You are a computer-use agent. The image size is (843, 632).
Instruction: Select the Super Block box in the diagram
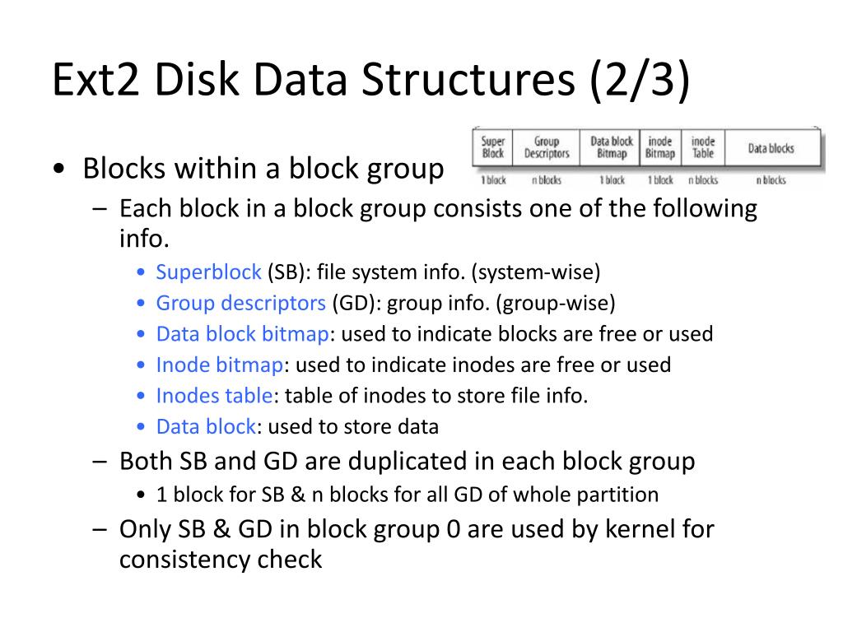pyautogui.click(x=493, y=148)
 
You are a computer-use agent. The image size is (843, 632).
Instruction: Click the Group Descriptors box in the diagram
pyautogui.click(x=547, y=148)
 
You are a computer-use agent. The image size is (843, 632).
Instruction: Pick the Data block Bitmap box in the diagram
pyautogui.click(x=612, y=148)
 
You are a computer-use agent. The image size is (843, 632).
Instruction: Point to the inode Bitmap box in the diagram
pyautogui.click(x=659, y=148)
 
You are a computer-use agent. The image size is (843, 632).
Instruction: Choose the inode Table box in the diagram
pyautogui.click(x=702, y=148)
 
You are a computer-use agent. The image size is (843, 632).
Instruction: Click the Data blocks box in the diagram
pyautogui.click(x=771, y=148)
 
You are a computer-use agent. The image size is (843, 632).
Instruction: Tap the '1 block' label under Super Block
pyautogui.click(x=493, y=180)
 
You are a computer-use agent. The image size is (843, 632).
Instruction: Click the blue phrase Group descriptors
pyautogui.click(x=241, y=303)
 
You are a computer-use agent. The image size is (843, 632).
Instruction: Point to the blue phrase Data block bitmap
pyautogui.click(x=243, y=334)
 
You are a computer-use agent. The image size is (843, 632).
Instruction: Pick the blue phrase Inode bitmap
pyautogui.click(x=220, y=365)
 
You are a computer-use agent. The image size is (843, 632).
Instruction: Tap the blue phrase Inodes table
pyautogui.click(x=214, y=396)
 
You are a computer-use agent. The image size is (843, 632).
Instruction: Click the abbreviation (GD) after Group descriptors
pyautogui.click(x=353, y=303)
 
